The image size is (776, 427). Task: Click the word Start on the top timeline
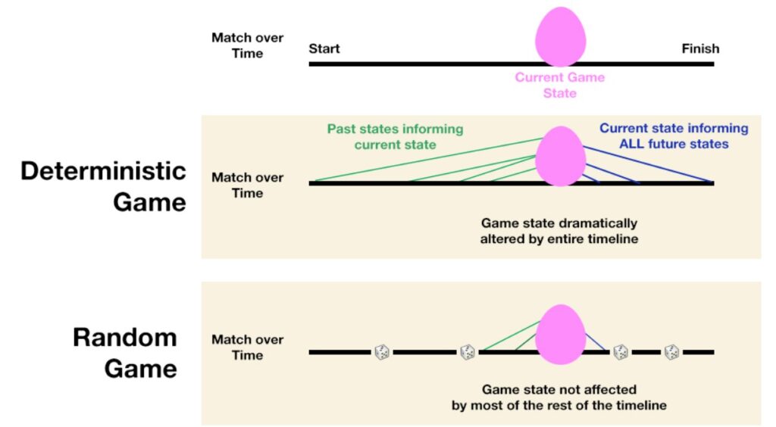pyautogui.click(x=324, y=48)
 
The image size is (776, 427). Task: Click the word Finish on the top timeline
pyautogui.click(x=700, y=48)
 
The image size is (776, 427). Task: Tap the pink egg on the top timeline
pyautogui.click(x=560, y=37)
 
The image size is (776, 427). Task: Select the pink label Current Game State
pyautogui.click(x=560, y=85)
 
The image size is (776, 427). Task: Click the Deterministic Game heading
pyautogui.click(x=103, y=186)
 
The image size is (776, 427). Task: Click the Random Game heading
pyautogui.click(x=125, y=353)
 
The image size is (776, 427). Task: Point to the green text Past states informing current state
pyautogui.click(x=395, y=137)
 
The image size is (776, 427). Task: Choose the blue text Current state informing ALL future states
pyautogui.click(x=674, y=136)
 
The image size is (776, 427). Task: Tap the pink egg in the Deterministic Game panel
pyautogui.click(x=560, y=156)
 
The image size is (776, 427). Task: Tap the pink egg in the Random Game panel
pyautogui.click(x=560, y=335)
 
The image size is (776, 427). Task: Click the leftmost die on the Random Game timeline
pyautogui.click(x=382, y=352)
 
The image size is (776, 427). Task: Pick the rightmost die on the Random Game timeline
pyautogui.click(x=671, y=352)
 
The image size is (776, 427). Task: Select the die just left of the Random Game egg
pyautogui.click(x=467, y=352)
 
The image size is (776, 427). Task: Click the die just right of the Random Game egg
pyautogui.click(x=621, y=352)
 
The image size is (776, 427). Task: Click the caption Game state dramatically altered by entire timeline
pyautogui.click(x=559, y=231)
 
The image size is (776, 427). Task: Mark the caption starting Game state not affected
pyautogui.click(x=559, y=397)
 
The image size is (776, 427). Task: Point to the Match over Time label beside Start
pyautogui.click(x=248, y=45)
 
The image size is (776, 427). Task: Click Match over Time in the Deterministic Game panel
pyautogui.click(x=248, y=185)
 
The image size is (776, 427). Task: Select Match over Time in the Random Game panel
pyautogui.click(x=248, y=348)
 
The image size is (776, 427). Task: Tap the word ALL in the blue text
pyautogui.click(x=630, y=144)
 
